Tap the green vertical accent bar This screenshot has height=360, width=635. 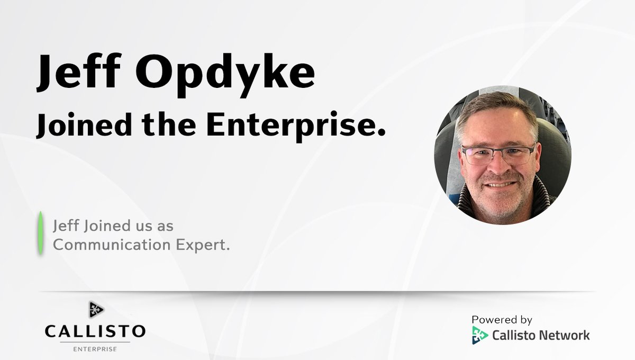40,233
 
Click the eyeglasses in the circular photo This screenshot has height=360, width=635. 498,155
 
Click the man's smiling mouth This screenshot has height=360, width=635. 500,185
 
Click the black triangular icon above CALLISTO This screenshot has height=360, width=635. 95,310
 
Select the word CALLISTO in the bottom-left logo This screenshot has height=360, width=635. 95,332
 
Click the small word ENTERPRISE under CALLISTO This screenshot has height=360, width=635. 95,349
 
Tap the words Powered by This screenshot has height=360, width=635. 502,320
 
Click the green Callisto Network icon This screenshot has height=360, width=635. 480,335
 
